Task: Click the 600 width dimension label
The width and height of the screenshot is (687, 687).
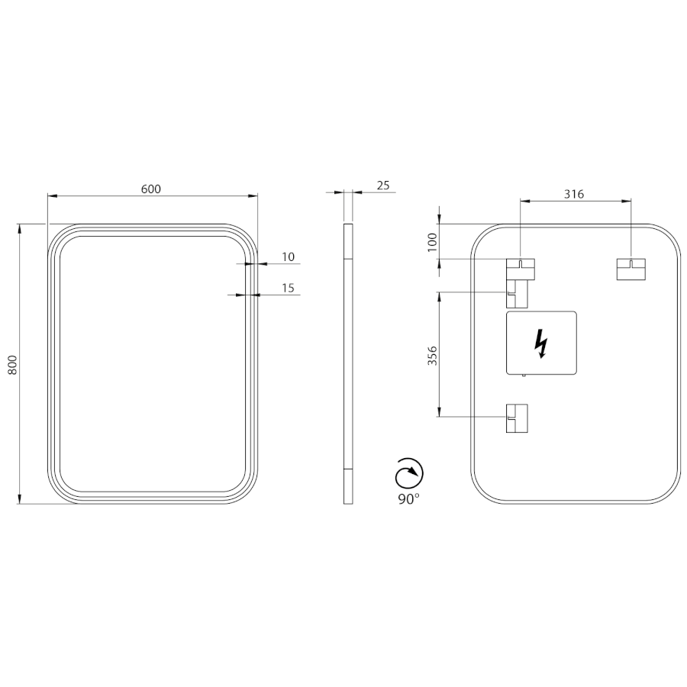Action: [151, 189]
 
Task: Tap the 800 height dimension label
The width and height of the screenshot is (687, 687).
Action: [13, 364]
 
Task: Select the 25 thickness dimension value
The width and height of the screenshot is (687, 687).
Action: [383, 185]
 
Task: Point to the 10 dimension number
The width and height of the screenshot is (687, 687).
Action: [289, 256]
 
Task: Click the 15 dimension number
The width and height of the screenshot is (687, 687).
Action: [289, 288]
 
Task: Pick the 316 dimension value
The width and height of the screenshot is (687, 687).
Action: [574, 194]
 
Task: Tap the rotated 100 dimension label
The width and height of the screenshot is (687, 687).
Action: [433, 242]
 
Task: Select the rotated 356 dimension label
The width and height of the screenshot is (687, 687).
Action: [433, 356]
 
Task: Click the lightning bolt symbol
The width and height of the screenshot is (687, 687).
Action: [541, 343]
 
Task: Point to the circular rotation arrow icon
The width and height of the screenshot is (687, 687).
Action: [409, 473]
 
